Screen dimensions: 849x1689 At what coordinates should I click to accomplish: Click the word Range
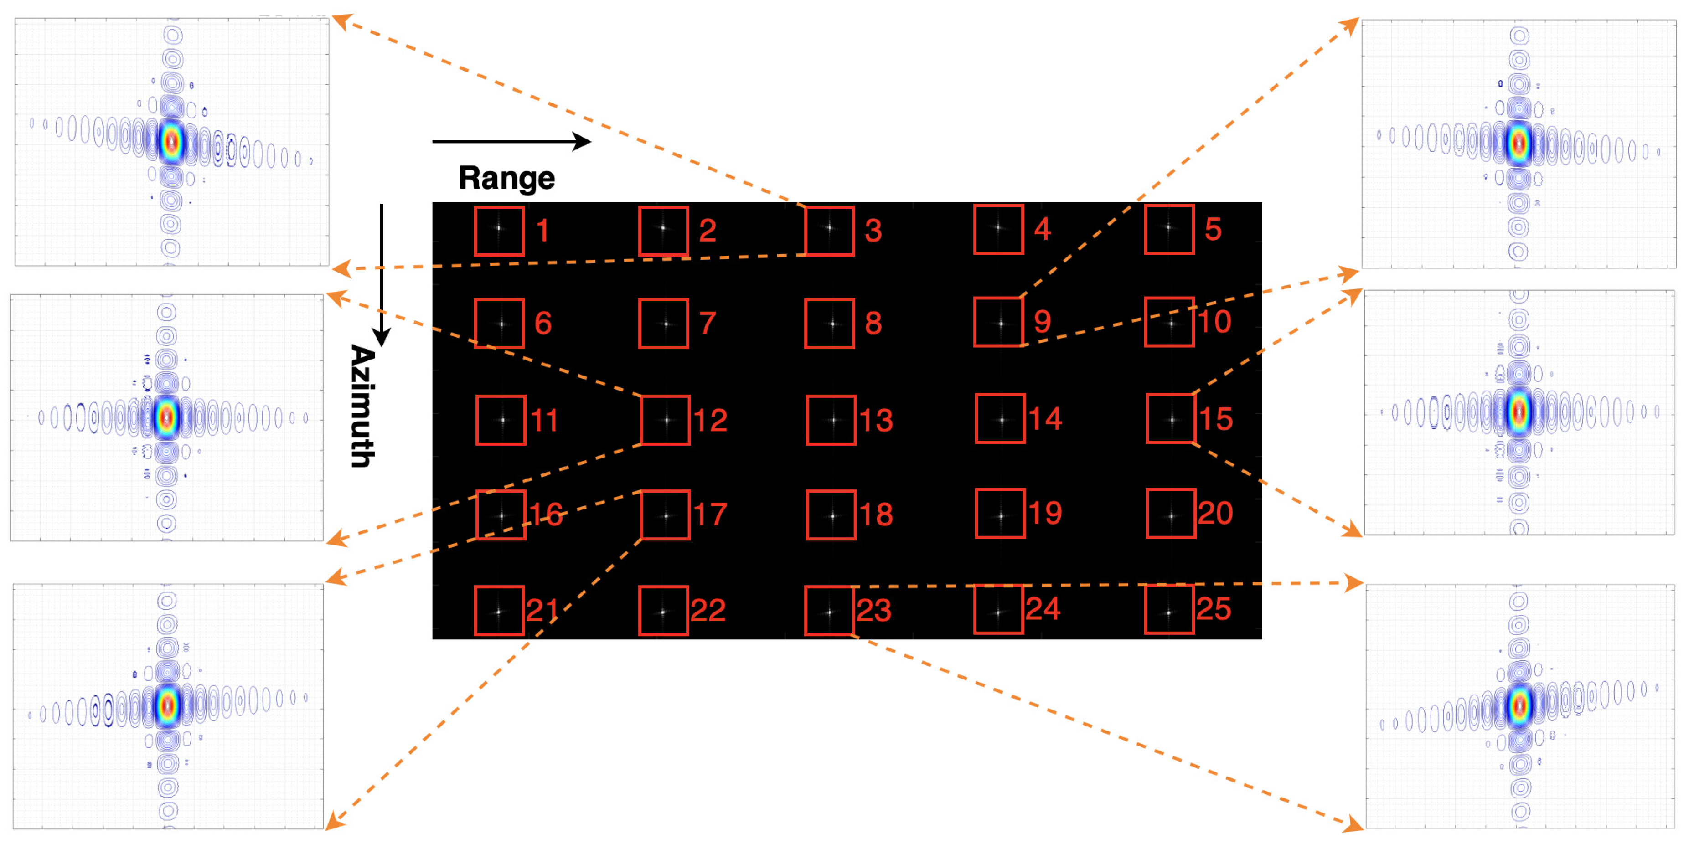[506, 178]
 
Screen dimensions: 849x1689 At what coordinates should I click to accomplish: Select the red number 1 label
[542, 230]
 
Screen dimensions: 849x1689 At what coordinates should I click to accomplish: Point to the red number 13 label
[876, 420]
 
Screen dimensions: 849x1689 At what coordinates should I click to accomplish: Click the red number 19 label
[1045, 513]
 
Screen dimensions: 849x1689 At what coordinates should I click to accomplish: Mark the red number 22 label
[708, 610]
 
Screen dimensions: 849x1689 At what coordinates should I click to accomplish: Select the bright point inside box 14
[1001, 420]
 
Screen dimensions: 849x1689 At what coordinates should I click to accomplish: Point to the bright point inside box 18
[832, 516]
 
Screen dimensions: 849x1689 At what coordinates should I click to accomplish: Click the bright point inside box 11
[503, 420]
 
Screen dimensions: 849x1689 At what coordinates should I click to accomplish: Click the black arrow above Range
[511, 141]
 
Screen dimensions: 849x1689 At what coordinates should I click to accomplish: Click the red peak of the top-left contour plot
[172, 141]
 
